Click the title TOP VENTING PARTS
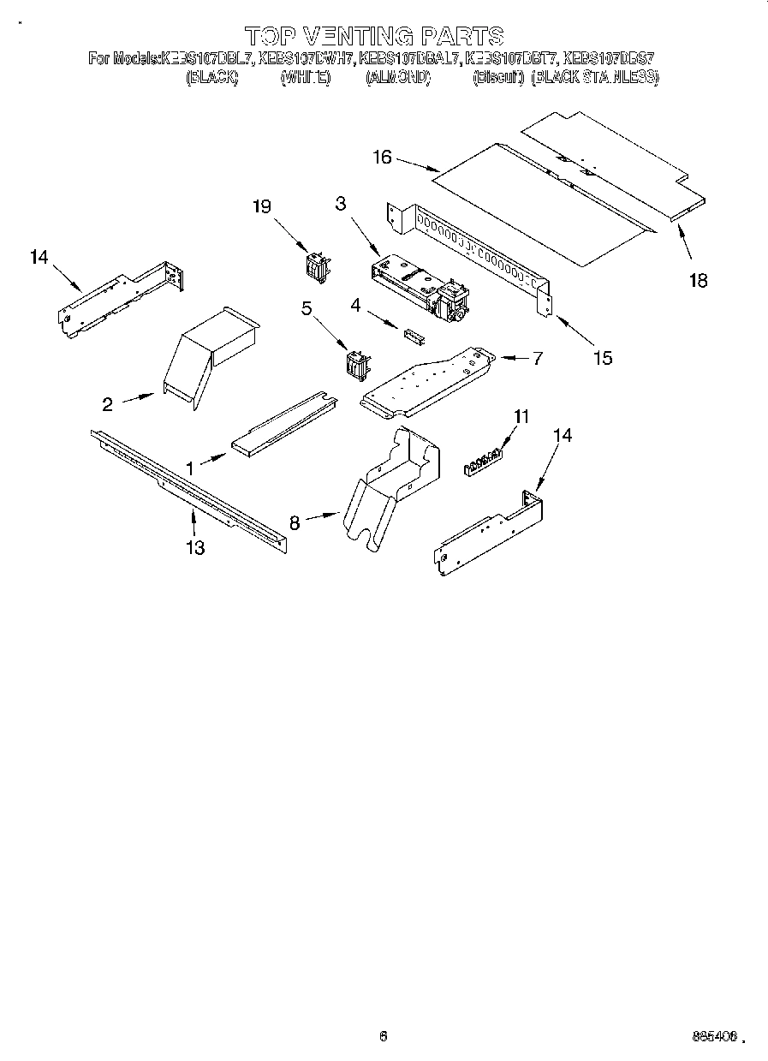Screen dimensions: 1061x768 [x=374, y=36]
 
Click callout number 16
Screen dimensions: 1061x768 [x=382, y=157]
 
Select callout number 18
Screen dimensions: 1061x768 [x=699, y=280]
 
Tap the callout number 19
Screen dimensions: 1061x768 [x=262, y=206]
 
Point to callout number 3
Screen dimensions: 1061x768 [x=341, y=203]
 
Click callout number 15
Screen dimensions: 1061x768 [x=603, y=358]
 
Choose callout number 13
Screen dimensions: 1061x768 [x=195, y=547]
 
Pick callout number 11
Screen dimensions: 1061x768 [x=521, y=416]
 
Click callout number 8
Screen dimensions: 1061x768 [x=295, y=522]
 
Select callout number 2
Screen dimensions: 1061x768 [x=108, y=404]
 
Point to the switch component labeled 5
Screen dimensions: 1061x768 [x=355, y=364]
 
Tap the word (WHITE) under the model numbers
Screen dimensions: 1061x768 [x=305, y=77]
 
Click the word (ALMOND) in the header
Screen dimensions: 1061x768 [x=397, y=77]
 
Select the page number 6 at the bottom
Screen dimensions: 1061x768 [x=384, y=1036]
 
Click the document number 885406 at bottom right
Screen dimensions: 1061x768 [x=714, y=1037]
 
